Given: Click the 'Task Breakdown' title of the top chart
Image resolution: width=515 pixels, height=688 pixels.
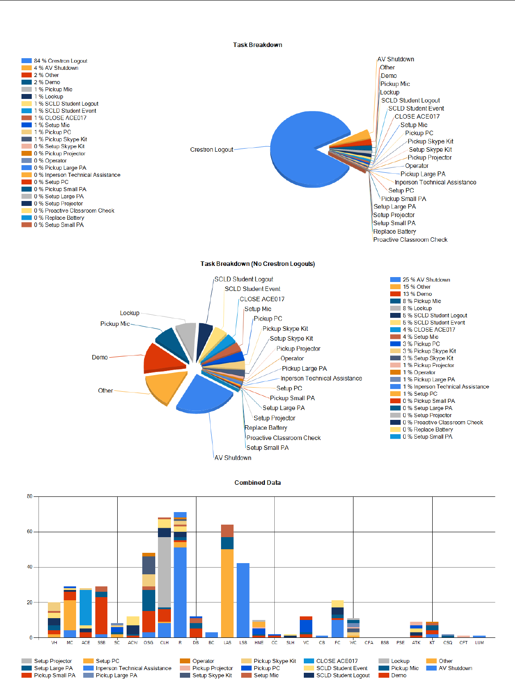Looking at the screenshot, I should tap(257, 45).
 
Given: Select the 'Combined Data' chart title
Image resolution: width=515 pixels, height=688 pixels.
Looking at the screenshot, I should tap(257, 483).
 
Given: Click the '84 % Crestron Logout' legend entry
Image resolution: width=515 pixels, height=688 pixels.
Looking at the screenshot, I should tap(60, 61).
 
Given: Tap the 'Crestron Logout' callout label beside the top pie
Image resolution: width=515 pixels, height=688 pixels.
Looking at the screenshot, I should tap(212, 150).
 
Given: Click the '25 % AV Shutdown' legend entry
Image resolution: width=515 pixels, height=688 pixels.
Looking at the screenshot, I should tap(426, 280).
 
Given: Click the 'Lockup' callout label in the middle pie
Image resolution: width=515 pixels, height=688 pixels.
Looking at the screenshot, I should tap(129, 313).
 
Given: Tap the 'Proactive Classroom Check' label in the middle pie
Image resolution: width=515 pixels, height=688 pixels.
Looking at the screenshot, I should tap(283, 438).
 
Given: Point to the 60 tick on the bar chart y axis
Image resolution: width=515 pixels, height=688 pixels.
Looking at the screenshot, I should tap(30, 532).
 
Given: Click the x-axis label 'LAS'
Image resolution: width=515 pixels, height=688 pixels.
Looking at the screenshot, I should tap(227, 643).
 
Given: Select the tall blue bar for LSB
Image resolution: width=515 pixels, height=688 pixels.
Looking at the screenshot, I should tap(243, 600).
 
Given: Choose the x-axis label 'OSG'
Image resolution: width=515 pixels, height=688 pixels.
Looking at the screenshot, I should tap(149, 643).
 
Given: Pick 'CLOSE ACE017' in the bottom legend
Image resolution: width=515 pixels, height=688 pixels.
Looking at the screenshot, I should tap(336, 661).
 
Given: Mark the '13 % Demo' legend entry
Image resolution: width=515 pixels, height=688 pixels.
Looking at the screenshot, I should tap(417, 294).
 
